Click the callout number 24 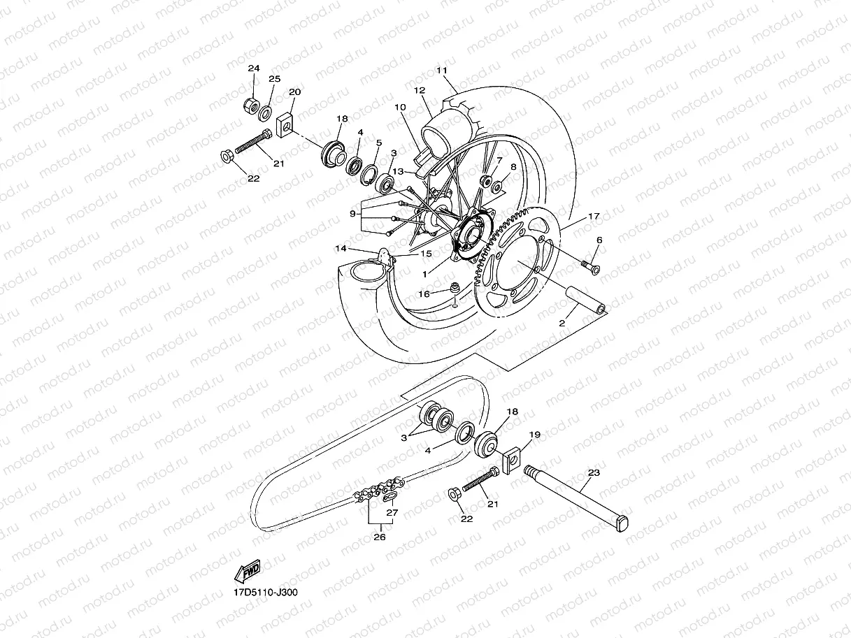[253, 68]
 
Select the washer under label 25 [266, 112]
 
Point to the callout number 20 [294, 92]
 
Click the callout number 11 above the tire [441, 71]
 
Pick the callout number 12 [420, 91]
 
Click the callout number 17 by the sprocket [594, 217]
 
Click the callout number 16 [424, 294]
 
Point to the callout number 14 [341, 248]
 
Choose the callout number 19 [535, 435]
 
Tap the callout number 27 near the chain [392, 512]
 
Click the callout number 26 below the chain [379, 537]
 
